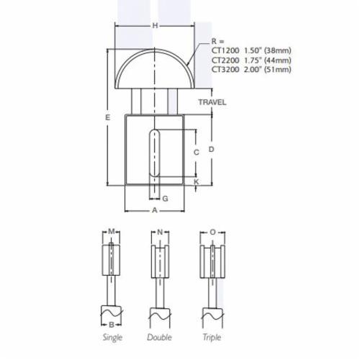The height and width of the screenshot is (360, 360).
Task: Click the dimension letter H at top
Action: point(155,27)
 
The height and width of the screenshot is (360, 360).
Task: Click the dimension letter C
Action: point(196,153)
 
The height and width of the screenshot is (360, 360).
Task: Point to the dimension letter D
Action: point(211,149)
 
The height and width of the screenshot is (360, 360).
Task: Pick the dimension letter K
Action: point(196,183)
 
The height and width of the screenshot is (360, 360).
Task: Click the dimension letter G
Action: point(165,197)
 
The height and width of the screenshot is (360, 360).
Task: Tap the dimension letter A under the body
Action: point(154,210)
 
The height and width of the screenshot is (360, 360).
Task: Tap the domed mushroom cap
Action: point(155,68)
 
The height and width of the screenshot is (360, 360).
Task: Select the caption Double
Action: point(160,337)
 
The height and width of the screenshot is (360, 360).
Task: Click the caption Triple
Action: point(211,337)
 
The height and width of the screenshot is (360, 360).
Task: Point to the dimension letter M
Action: point(112,233)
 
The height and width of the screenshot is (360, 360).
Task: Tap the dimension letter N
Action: point(160,233)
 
